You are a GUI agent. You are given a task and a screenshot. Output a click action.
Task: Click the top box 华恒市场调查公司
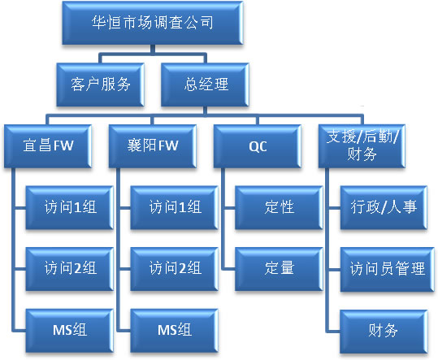pos(153,23)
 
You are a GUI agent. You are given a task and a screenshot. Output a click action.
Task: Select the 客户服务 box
pos(100,85)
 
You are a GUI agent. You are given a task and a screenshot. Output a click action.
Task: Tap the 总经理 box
pos(205,85)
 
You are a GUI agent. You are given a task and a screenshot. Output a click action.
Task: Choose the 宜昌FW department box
pos(48,146)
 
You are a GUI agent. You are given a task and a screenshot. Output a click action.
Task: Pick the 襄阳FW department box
pos(153,146)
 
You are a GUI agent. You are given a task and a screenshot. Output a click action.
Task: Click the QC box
pos(258,146)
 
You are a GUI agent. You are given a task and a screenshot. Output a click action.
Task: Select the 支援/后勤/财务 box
pos(362,146)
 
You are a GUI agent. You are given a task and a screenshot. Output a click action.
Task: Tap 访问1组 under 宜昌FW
pos(70,208)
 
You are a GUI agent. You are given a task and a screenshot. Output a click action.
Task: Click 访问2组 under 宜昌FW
pos(70,269)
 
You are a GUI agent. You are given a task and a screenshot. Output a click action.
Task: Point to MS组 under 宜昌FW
pos(70,331)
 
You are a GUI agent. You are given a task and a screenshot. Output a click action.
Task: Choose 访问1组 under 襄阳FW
pos(174,208)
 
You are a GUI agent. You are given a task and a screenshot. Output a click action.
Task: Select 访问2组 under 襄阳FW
pos(174,269)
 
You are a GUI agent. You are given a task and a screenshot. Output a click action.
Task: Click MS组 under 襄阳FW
pos(174,331)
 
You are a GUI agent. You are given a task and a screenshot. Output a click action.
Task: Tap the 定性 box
pos(279,208)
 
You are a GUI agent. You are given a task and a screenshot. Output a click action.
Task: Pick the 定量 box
pos(279,269)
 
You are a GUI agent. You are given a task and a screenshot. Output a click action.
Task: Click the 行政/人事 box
pos(384,208)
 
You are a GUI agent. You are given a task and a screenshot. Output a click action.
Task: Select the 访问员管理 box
pos(388,270)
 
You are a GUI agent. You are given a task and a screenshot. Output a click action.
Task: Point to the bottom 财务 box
pos(384,332)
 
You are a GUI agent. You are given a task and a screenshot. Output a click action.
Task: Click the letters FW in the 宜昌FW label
pos(63,145)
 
